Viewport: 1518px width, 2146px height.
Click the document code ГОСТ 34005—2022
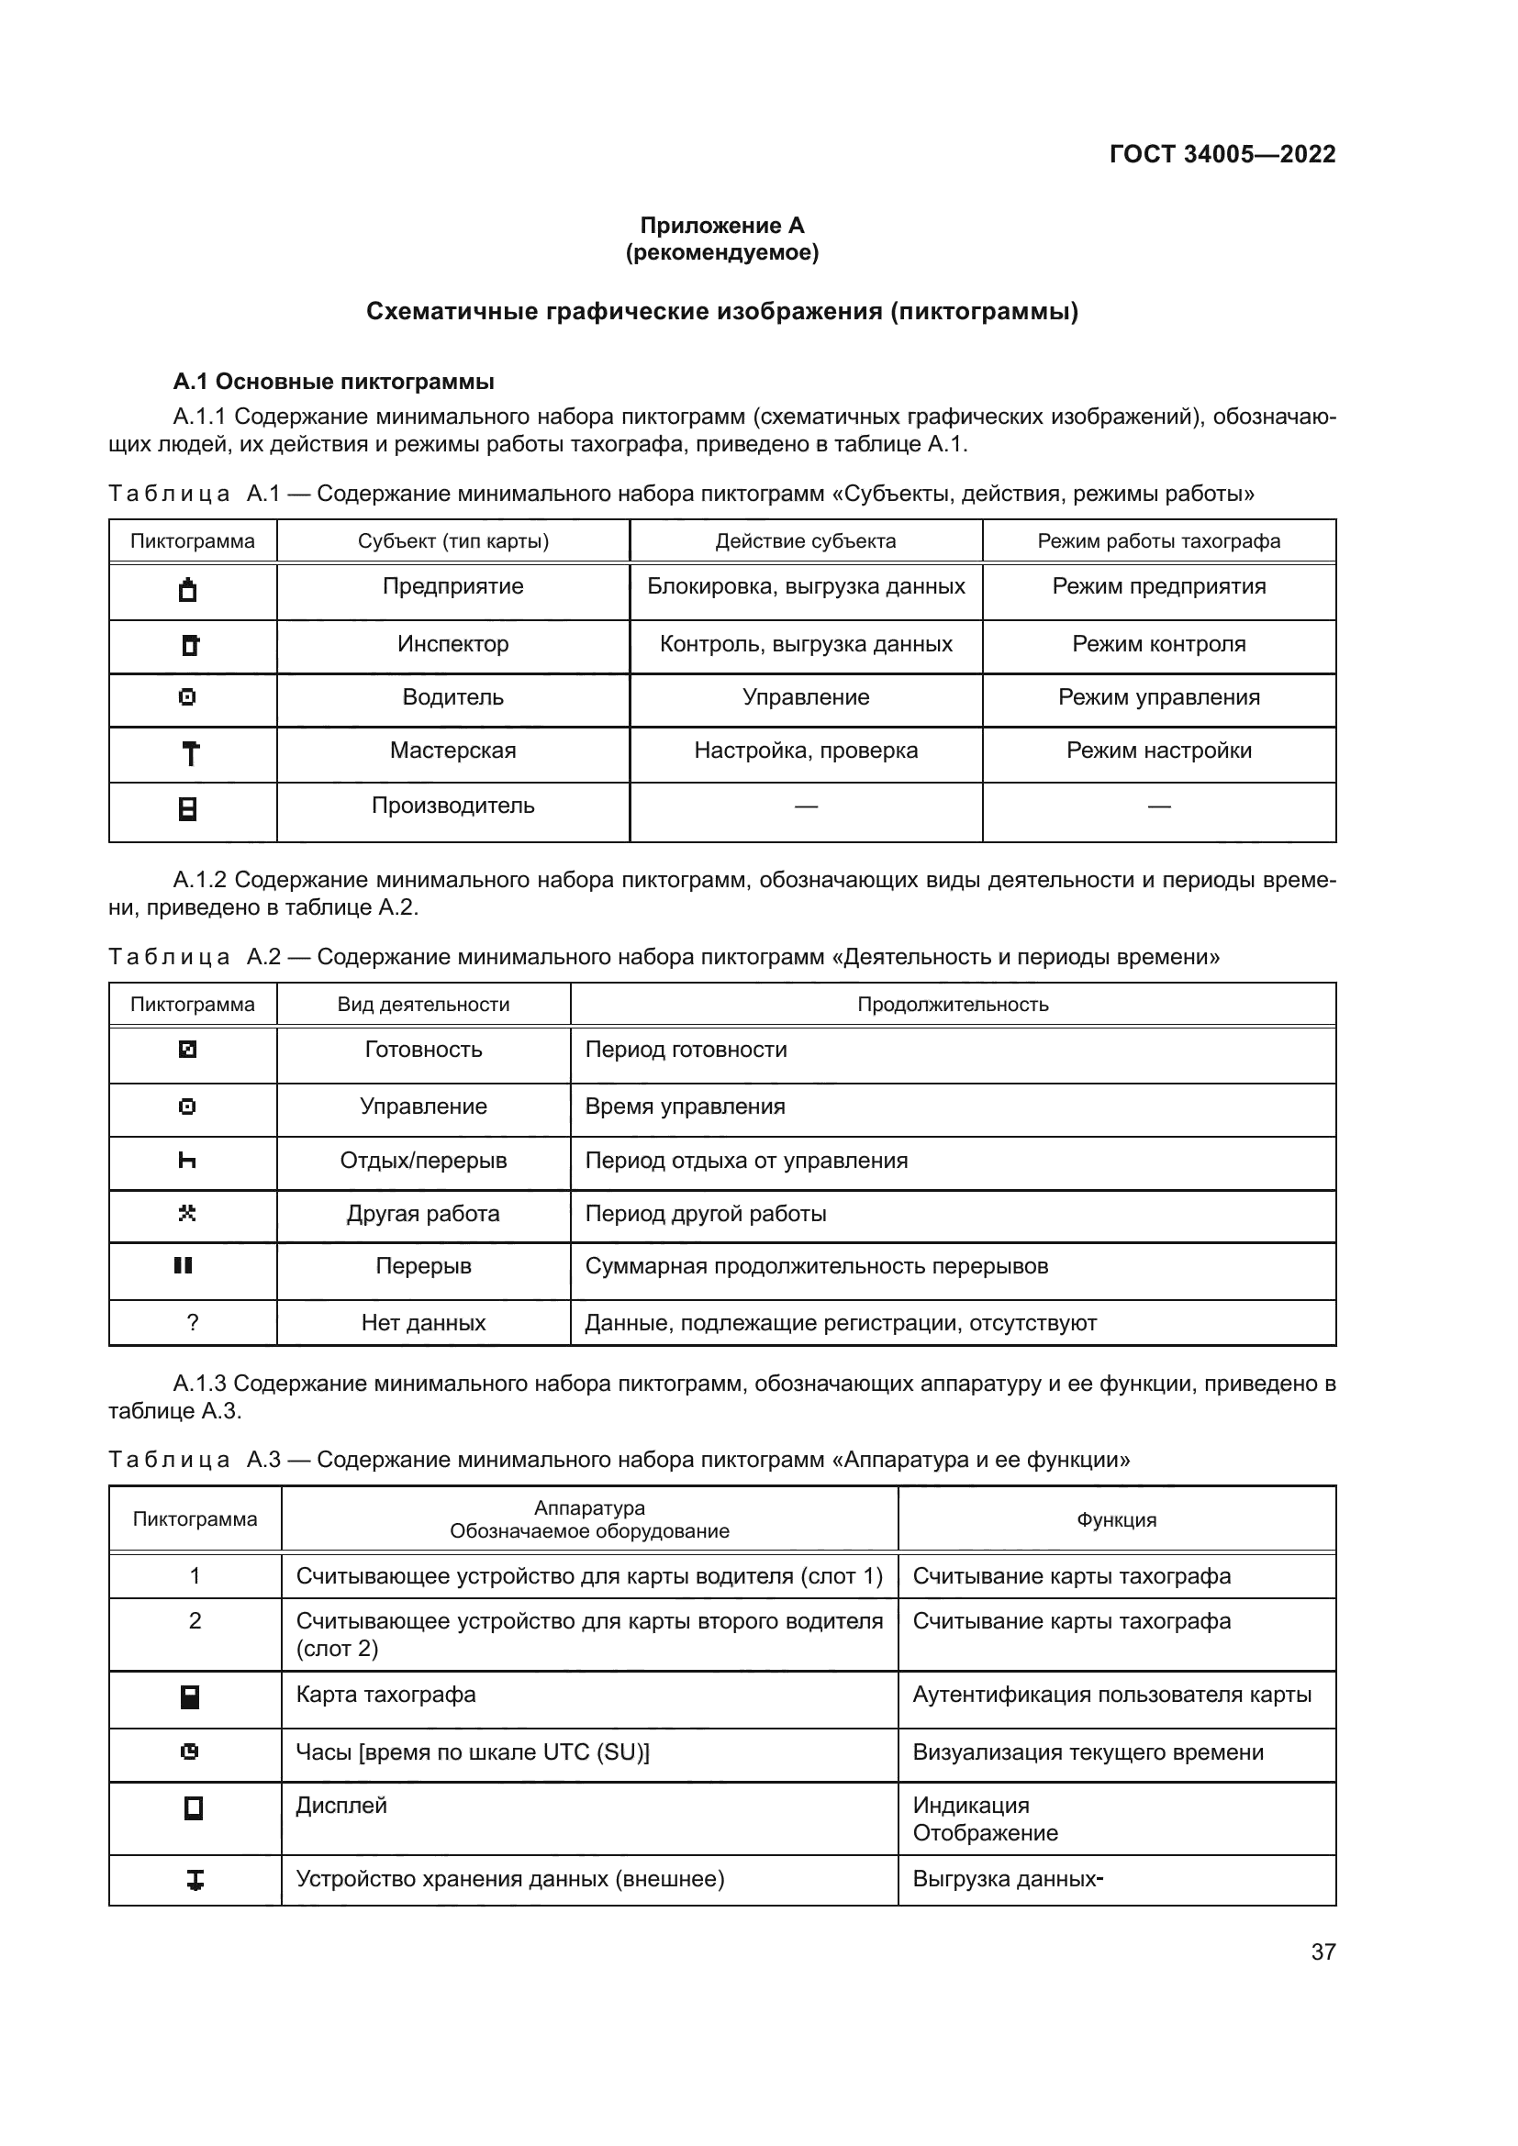coord(1222,154)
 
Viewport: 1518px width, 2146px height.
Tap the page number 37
coord(1323,1951)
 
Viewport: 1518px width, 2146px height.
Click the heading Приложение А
coord(721,226)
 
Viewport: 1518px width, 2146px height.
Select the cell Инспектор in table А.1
coord(452,644)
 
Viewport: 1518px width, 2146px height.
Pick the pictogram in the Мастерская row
coord(191,753)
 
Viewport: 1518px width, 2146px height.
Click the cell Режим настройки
coord(1158,751)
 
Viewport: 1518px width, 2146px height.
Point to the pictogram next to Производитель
coord(188,808)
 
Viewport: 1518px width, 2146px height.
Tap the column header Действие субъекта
coord(805,541)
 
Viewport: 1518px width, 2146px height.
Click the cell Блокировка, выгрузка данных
coord(806,587)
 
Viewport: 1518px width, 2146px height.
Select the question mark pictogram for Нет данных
coord(193,1323)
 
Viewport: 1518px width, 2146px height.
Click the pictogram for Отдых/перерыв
coord(187,1161)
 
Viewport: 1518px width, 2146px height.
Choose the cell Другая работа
coord(422,1214)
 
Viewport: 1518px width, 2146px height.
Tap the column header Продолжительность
coord(953,1005)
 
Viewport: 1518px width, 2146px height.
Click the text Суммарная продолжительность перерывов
coord(816,1266)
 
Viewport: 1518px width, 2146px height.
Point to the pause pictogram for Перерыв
coord(184,1265)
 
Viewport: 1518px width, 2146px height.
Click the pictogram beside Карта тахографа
coord(190,1697)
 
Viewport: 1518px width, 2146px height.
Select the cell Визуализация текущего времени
coord(1088,1752)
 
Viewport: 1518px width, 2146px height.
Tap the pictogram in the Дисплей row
coord(194,1808)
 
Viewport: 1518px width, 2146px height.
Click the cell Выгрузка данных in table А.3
coord(1007,1879)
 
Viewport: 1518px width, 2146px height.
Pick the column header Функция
coord(1116,1519)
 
